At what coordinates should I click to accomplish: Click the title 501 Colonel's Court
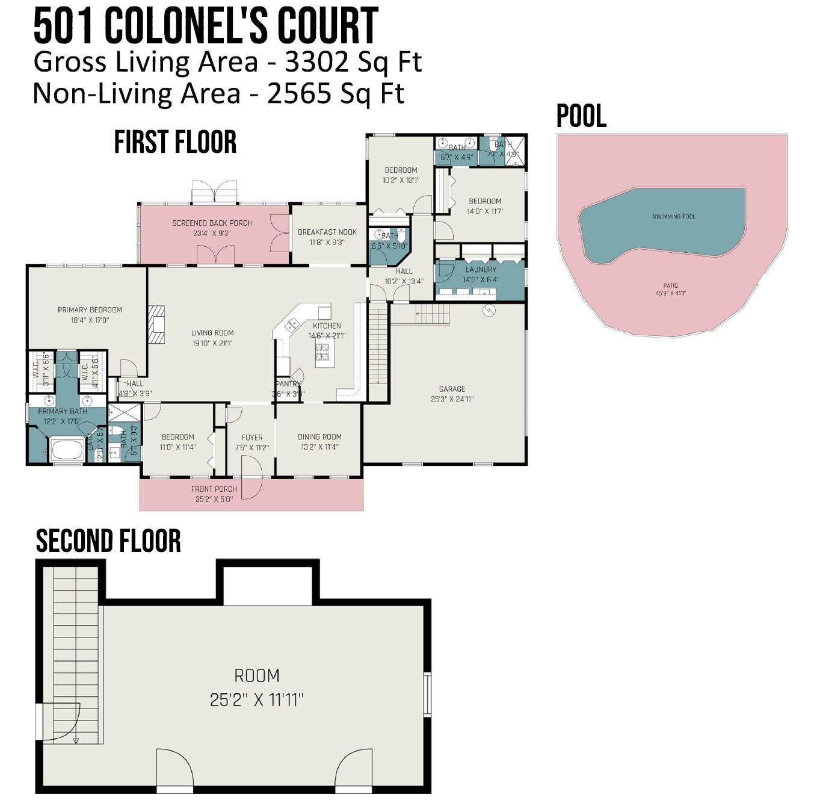point(206,26)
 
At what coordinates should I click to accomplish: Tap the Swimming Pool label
point(673,217)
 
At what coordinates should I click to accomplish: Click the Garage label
point(452,389)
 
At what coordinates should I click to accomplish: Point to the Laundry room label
point(481,270)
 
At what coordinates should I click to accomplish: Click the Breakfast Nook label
point(327,232)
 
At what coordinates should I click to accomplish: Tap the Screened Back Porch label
point(212,223)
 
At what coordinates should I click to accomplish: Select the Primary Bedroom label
point(90,310)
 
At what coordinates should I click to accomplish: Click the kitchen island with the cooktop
point(323,353)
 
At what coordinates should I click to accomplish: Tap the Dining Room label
point(319,437)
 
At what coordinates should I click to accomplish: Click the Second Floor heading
point(108,541)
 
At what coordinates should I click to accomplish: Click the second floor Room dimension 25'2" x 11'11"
point(257,700)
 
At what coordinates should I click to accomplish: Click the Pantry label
point(288,384)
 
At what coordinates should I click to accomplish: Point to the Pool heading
point(581,116)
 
